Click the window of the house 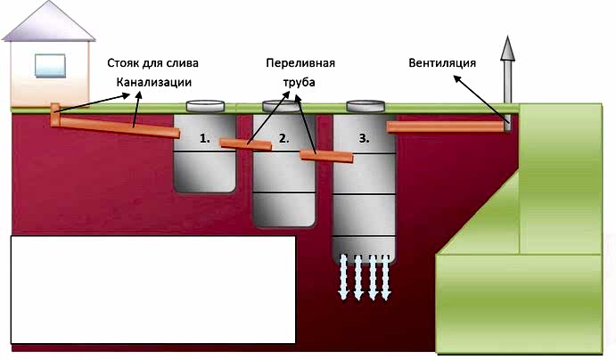click(x=50, y=66)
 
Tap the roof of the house click(x=49, y=21)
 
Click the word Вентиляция click(x=442, y=62)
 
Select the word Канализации click(x=154, y=83)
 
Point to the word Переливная click(x=300, y=62)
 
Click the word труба click(x=299, y=83)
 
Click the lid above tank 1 click(x=205, y=106)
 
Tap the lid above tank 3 click(x=365, y=106)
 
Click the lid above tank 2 click(x=282, y=106)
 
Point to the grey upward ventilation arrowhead click(x=507, y=48)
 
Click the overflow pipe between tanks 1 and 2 click(x=245, y=144)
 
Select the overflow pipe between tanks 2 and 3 click(x=326, y=156)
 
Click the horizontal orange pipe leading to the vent click(x=445, y=127)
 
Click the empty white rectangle click(x=152, y=290)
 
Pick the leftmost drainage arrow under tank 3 click(x=343, y=277)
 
